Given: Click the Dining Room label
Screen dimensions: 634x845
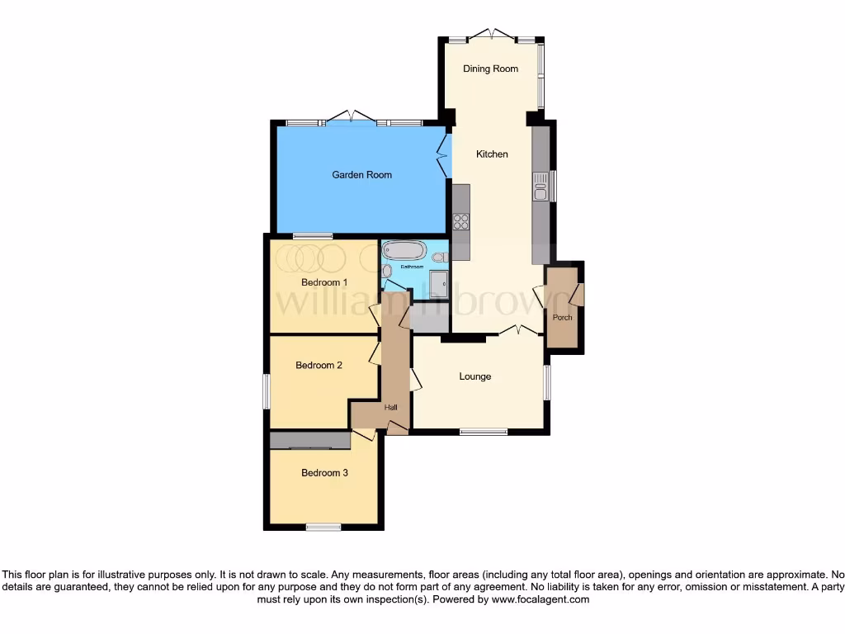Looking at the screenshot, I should click(490, 69).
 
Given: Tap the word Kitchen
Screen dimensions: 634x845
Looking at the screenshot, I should click(492, 154).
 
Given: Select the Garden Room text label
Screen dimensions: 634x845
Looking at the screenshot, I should click(361, 175).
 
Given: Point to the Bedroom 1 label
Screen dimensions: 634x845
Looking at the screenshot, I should click(324, 282).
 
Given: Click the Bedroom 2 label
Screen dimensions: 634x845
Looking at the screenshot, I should click(319, 365).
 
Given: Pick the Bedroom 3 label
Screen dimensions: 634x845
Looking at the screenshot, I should click(324, 473).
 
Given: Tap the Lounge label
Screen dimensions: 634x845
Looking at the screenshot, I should click(474, 376).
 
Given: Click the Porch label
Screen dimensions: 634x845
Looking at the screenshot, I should click(563, 318).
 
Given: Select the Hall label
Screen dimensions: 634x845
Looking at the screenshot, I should click(391, 407).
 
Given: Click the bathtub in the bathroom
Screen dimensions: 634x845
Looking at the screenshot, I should click(404, 250).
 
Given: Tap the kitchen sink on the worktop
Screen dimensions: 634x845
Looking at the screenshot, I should click(541, 187).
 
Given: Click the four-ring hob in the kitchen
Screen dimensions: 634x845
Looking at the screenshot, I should click(460, 221).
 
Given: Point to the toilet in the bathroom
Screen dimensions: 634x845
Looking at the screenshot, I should click(439, 257).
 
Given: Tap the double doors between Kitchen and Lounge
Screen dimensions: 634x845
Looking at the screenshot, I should click(520, 330).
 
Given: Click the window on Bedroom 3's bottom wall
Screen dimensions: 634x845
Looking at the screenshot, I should click(323, 527).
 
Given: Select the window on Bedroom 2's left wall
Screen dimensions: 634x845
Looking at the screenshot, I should click(267, 390).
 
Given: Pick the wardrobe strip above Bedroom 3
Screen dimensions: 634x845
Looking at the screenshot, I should click(309, 441).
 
